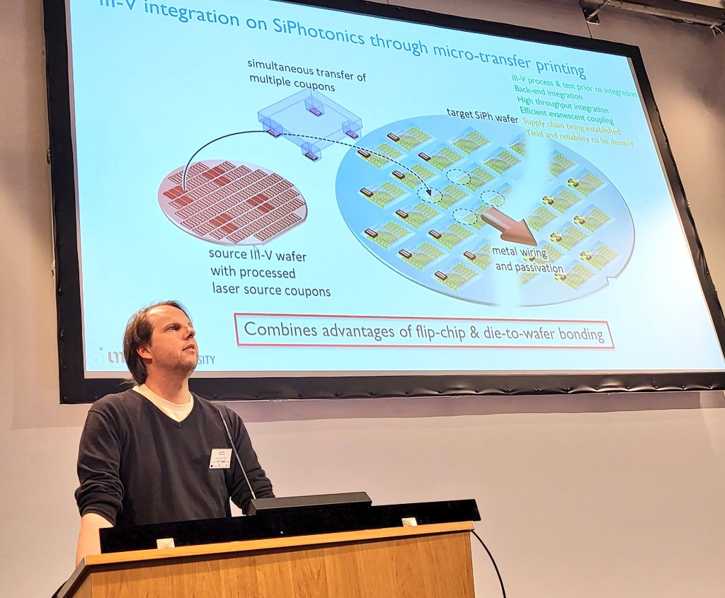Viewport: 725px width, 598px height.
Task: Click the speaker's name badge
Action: click(x=220, y=458)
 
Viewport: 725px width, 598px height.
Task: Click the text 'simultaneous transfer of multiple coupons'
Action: click(x=306, y=71)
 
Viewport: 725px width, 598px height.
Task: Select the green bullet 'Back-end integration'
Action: click(x=552, y=91)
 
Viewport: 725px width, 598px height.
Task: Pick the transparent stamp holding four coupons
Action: click(x=310, y=120)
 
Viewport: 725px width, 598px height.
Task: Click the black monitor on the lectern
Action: click(x=309, y=503)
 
